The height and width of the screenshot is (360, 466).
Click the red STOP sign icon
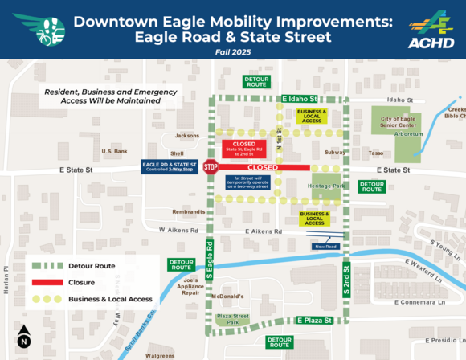[x=211, y=168]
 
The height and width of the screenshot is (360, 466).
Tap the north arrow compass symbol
[x=23, y=336]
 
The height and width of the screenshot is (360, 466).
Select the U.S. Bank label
[x=115, y=151]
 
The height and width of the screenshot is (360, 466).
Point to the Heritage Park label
[x=325, y=186]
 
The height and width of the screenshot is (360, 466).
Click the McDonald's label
[x=227, y=296]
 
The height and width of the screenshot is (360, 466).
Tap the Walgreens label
[x=160, y=354]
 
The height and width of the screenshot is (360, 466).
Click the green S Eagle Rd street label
[x=209, y=259]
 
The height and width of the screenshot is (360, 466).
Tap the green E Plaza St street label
[x=317, y=320]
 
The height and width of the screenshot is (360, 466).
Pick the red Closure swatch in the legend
[x=52, y=282]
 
